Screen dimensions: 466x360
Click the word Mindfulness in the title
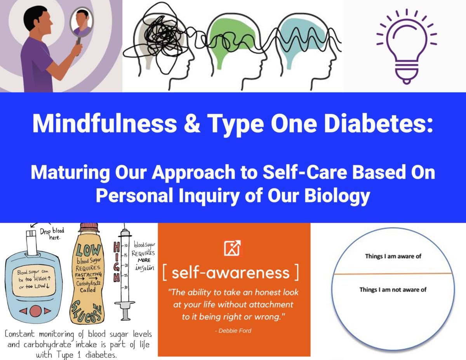coord(104,124)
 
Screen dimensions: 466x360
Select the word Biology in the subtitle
coord(337,196)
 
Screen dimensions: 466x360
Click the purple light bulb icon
coord(406,46)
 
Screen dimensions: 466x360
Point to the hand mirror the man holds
coord(82,24)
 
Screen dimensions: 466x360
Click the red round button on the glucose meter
coord(35,311)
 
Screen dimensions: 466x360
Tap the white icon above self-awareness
coord(233,248)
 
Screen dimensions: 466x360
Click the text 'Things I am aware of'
coord(393,256)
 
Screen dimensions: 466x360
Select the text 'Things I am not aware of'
coord(393,290)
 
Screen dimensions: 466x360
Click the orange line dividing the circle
coord(393,274)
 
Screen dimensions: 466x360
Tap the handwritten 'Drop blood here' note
coord(52,234)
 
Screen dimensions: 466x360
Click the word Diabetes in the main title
coord(379,124)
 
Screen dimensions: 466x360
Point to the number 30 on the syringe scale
coord(126,287)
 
